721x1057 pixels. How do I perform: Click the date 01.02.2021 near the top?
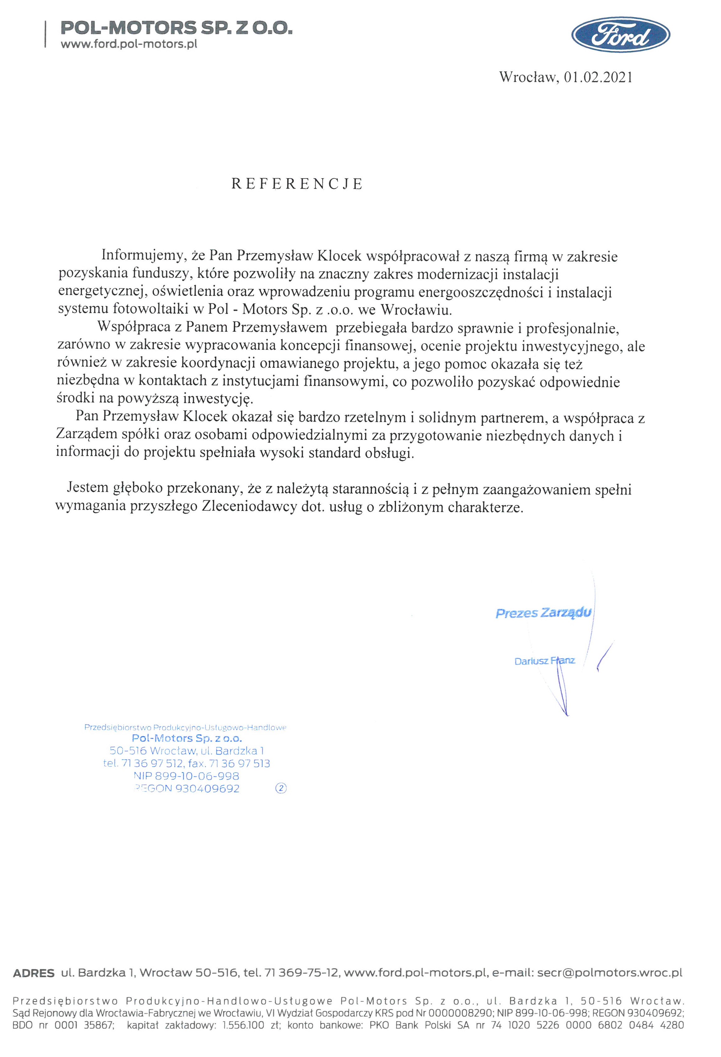[x=598, y=77]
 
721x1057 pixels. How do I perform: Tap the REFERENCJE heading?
[x=297, y=184]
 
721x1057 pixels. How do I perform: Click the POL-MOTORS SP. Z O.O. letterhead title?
[x=176, y=29]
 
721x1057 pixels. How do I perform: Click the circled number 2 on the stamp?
[x=281, y=789]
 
